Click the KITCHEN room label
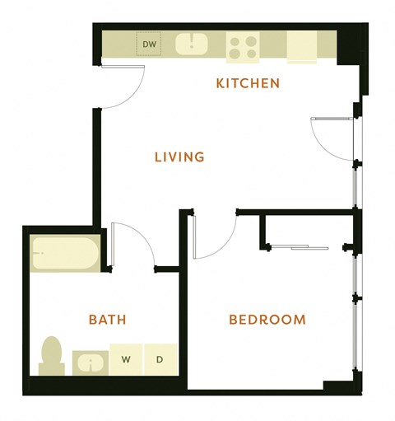[248, 83]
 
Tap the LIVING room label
[179, 157]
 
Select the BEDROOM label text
[267, 320]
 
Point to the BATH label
[107, 320]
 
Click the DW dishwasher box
[150, 44]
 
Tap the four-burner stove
[243, 46]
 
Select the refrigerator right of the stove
[301, 47]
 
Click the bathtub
[65, 254]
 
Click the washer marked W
[127, 359]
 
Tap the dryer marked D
[160, 359]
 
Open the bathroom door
[132, 243]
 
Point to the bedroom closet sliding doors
[301, 246]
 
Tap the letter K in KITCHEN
[220, 83]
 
